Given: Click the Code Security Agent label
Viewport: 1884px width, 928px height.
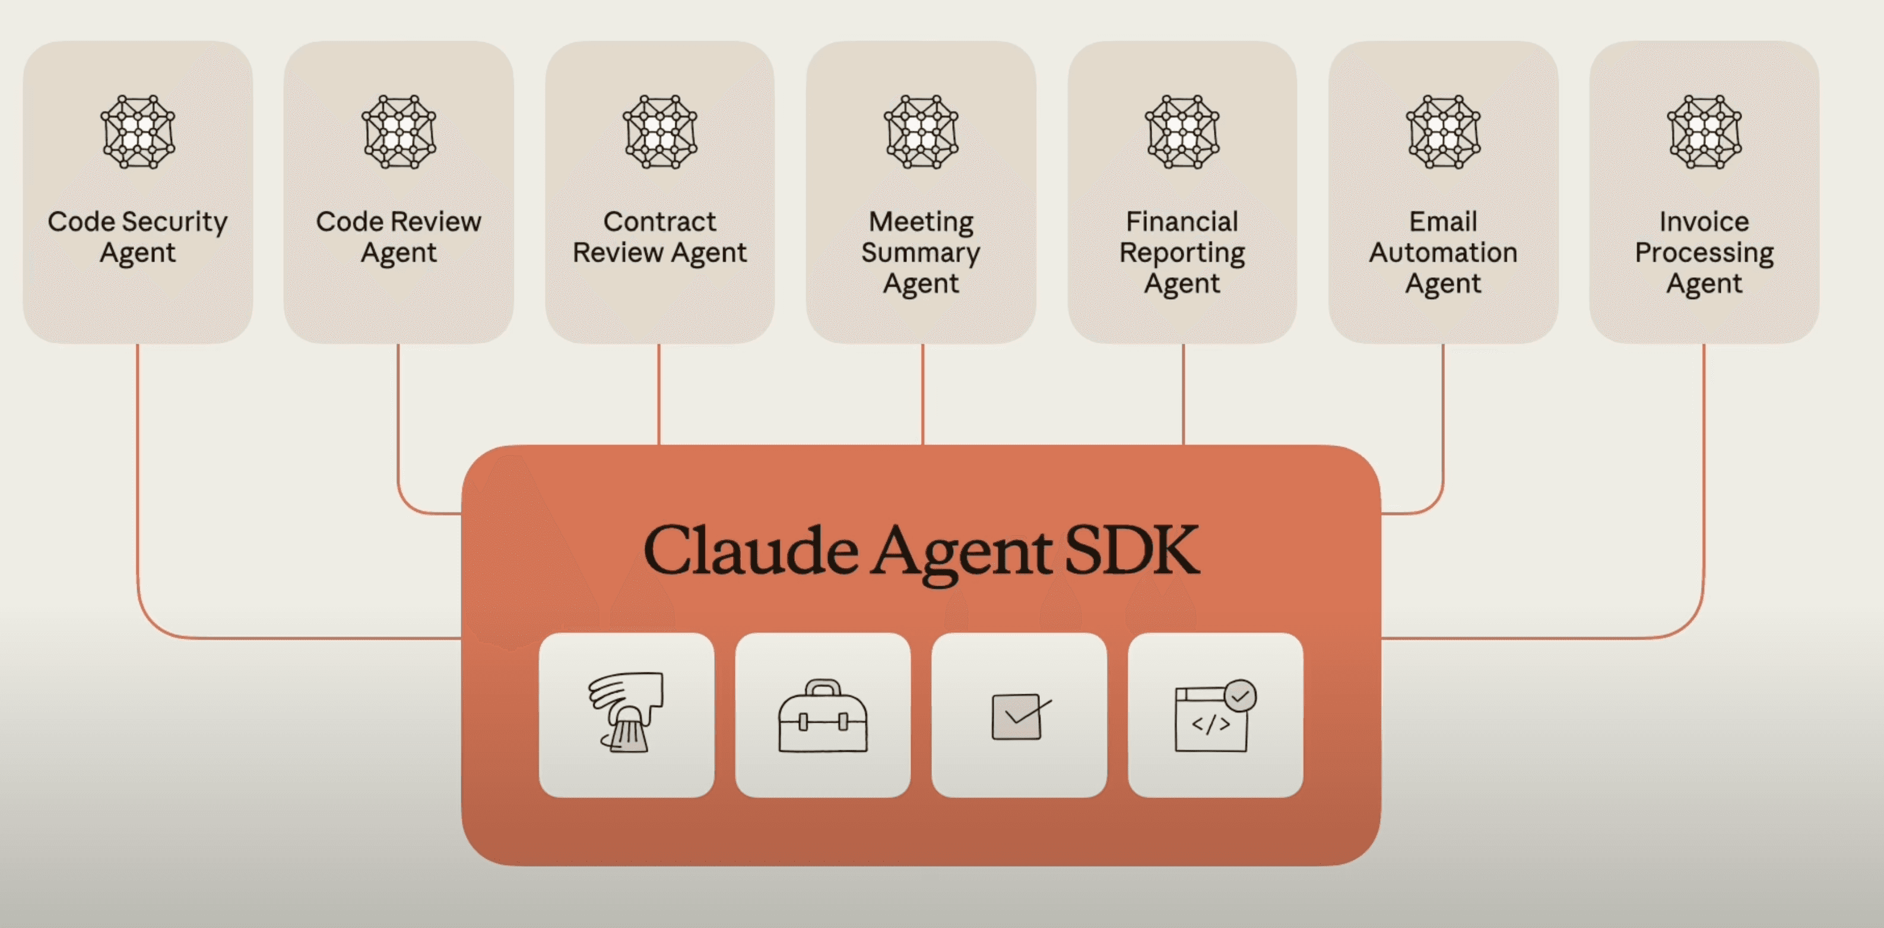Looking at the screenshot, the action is click(138, 237).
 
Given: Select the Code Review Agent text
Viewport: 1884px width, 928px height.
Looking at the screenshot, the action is click(399, 237).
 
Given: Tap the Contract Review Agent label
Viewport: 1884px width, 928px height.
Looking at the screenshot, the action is click(659, 237).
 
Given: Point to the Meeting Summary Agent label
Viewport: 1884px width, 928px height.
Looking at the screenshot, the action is click(921, 252).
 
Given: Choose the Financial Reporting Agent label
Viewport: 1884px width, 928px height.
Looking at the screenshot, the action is click(1182, 252).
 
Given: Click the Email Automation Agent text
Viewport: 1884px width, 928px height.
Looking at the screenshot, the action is click(1443, 252).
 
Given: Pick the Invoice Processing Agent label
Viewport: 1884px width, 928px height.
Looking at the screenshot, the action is click(1704, 252).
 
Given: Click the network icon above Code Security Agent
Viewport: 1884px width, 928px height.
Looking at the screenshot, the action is click(138, 132).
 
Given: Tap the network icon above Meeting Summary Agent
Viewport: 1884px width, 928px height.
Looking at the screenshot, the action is click(921, 132).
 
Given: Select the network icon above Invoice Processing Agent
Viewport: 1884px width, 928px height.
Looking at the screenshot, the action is click(1705, 132).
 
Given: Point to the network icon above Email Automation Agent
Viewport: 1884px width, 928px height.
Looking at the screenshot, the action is click(1444, 132).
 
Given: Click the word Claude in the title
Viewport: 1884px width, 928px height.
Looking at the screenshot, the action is click(751, 550).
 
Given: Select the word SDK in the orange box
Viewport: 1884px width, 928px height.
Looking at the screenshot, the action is click(1132, 550).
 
